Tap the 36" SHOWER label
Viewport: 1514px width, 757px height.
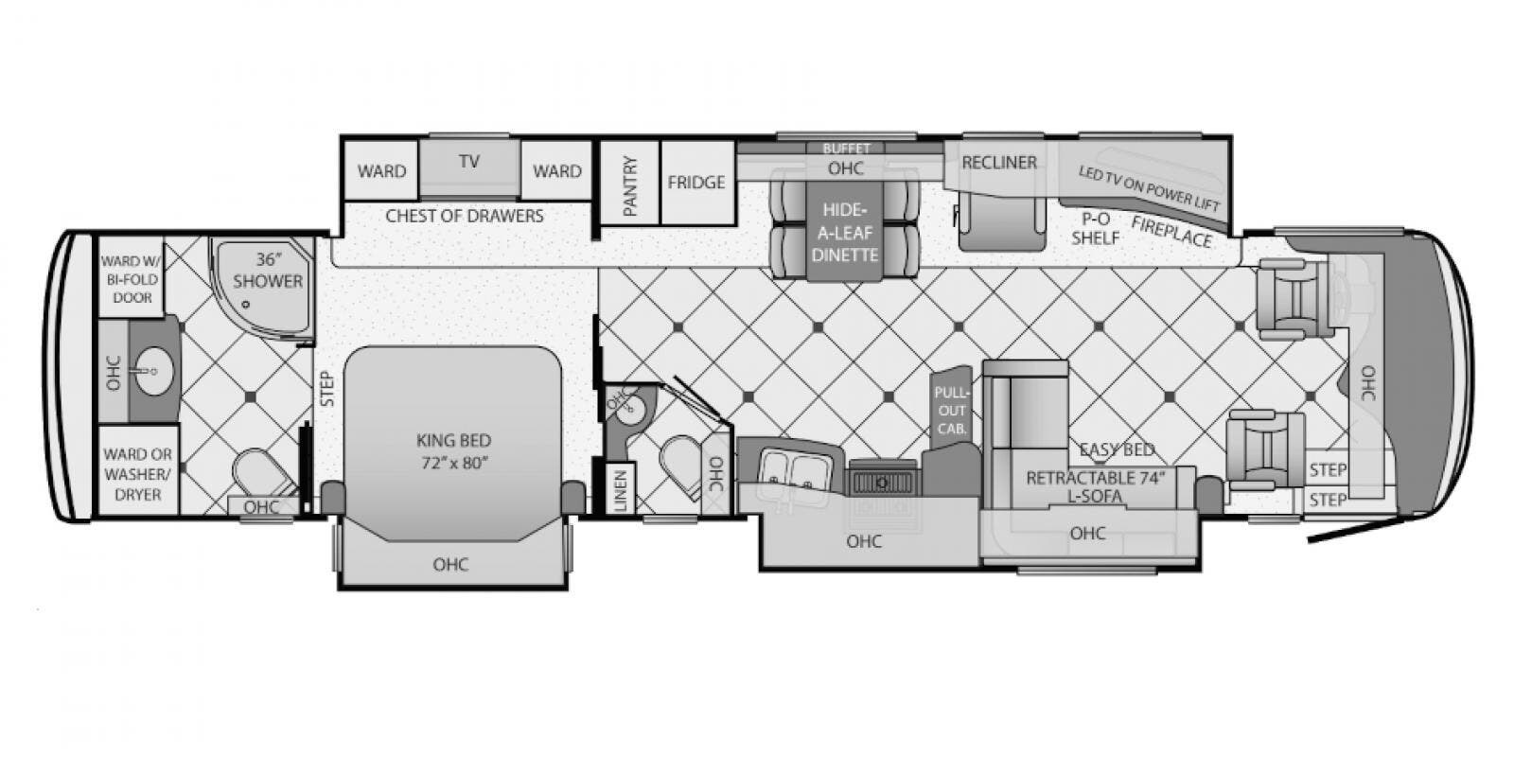268,271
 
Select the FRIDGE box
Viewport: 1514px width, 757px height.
696,183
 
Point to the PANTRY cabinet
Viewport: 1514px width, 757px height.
629,183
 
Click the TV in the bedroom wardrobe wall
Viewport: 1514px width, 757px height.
469,167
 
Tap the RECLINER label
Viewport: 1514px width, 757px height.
999,162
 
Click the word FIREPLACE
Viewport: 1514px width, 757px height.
1171,232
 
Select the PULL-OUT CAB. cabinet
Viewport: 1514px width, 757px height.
951,409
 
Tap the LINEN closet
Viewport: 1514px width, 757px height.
621,488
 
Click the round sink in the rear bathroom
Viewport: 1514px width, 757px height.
153,371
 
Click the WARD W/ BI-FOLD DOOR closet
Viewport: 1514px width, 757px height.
132,277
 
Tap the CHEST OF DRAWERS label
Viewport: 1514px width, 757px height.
465,217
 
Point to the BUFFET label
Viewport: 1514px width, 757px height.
846,148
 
